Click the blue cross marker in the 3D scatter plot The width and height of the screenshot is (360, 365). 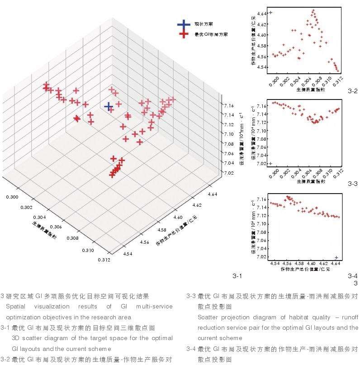point(108,106)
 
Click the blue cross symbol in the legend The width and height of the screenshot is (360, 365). point(183,24)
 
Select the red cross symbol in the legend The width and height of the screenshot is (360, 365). point(183,34)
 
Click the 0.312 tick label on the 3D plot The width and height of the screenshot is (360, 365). point(103,260)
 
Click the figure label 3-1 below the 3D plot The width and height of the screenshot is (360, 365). point(237,275)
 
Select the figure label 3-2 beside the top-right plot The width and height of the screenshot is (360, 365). point(353,91)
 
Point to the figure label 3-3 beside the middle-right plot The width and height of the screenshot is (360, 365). point(353,184)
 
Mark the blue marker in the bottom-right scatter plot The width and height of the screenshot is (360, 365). point(336,257)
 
